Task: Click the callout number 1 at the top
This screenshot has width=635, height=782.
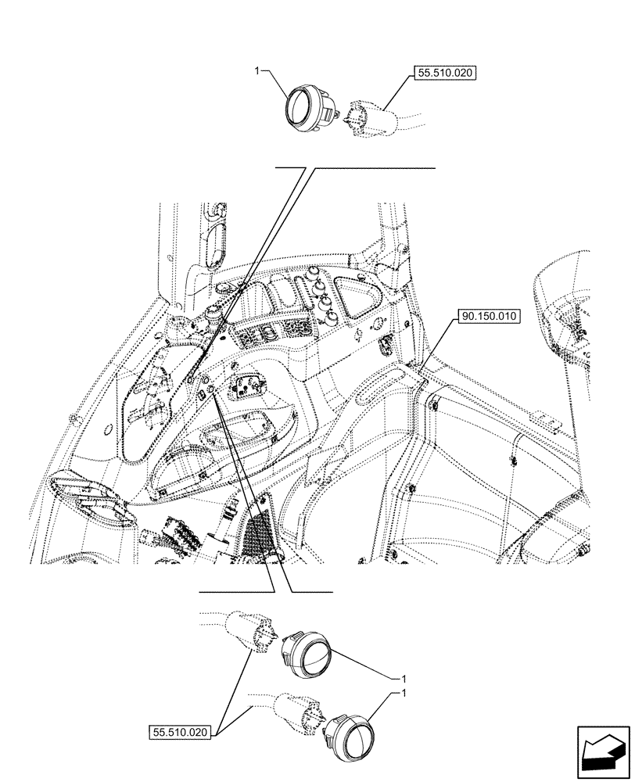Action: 257,71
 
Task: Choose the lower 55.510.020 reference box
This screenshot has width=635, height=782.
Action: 178,733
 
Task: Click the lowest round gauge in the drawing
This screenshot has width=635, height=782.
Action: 353,734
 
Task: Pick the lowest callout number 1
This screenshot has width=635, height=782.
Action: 404,694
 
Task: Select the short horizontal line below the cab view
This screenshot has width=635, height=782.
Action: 266,590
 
